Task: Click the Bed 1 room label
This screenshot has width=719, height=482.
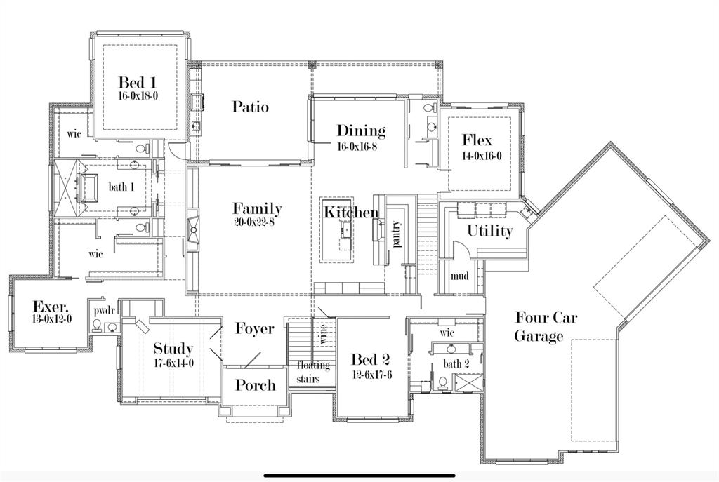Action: pyautogui.click(x=137, y=82)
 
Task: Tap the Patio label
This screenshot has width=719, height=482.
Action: pyautogui.click(x=251, y=107)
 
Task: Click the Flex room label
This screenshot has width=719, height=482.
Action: pyautogui.click(x=477, y=140)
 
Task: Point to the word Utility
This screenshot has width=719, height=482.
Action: pyautogui.click(x=490, y=231)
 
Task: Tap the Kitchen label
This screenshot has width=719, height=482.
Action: pyautogui.click(x=350, y=212)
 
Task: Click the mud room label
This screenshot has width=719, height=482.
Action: pyautogui.click(x=460, y=276)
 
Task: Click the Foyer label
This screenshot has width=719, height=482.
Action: pyautogui.click(x=254, y=329)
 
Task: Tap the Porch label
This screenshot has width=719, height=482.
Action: pyautogui.click(x=255, y=385)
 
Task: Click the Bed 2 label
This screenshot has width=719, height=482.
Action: pyautogui.click(x=371, y=360)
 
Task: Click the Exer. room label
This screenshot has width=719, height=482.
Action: pyautogui.click(x=51, y=307)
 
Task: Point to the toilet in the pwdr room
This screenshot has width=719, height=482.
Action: pyautogui.click(x=111, y=326)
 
